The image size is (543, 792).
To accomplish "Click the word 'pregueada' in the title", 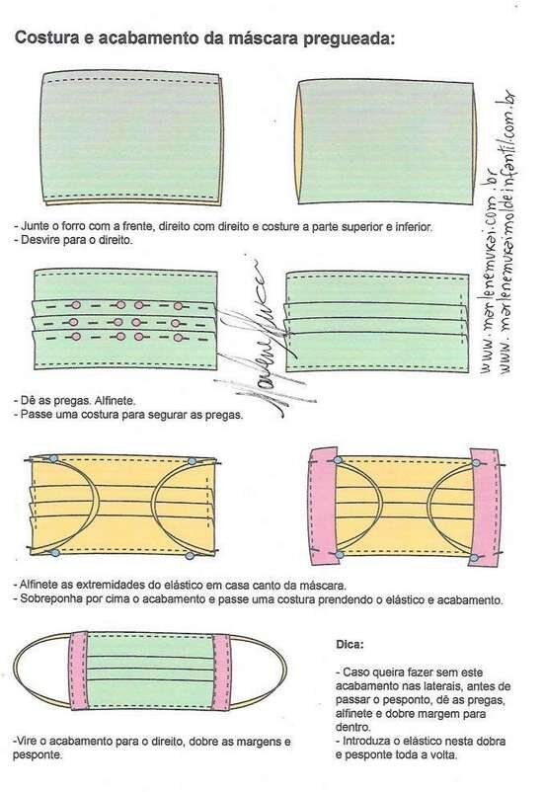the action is [349, 39].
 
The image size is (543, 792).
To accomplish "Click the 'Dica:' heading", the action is [349, 645].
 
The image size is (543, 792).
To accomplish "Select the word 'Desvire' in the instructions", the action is [38, 240].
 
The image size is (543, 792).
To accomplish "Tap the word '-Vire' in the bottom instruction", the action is [25, 742].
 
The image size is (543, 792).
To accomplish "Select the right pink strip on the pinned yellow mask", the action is [486, 507].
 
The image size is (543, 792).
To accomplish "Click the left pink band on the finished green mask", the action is [78, 671].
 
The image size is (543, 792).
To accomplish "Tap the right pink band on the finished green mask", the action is [222, 672].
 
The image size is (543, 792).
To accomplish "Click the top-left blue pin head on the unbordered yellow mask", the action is [53, 458].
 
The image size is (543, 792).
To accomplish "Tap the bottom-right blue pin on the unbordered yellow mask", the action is [190, 556].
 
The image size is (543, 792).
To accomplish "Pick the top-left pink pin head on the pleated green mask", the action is [76, 305].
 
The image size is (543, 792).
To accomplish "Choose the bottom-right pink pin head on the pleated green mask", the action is [178, 338].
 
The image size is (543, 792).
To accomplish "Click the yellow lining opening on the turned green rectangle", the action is [298, 142].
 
